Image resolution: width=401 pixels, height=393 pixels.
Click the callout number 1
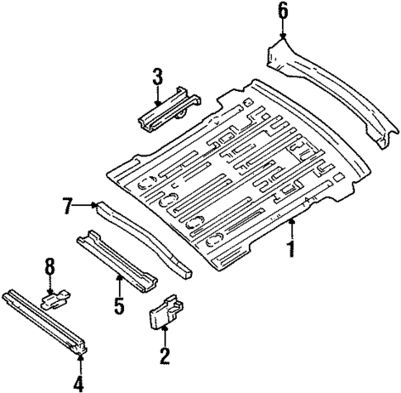pos(289,249)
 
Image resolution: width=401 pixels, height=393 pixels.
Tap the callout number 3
pos(157,78)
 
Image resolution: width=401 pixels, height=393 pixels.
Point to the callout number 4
pos(79,382)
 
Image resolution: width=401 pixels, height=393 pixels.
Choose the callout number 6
pos(283,11)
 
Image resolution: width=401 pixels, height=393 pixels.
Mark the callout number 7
pos(69,204)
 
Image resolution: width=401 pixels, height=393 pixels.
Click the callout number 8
pos(50,266)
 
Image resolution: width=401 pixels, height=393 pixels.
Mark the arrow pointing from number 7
pos(87,204)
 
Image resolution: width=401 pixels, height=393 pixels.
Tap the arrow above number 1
pos(289,228)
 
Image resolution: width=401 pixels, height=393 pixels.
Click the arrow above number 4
pos(79,357)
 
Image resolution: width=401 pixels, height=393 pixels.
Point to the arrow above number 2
pos(165,335)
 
